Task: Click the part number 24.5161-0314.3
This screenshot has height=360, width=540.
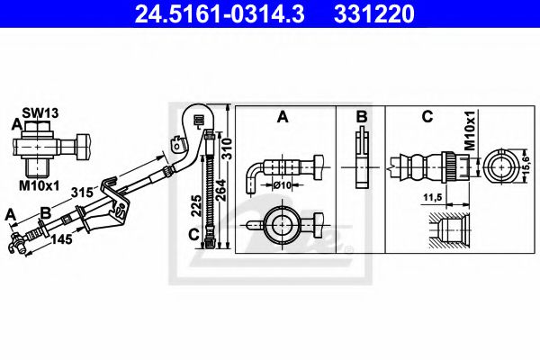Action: pos(211,14)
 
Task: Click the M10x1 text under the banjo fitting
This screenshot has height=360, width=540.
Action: pos(40,185)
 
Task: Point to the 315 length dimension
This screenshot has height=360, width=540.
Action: pos(83,191)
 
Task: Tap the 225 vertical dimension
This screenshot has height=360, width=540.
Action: pos(195,207)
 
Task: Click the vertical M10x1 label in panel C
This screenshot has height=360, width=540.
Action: pos(470,130)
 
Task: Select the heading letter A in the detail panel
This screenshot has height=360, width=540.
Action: pos(282,117)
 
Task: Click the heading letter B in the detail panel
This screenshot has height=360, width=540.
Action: pos(360,117)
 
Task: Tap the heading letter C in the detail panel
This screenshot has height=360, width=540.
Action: pos(427,117)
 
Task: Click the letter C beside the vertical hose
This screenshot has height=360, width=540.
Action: pos(194,235)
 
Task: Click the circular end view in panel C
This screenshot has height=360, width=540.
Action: pos(499,166)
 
